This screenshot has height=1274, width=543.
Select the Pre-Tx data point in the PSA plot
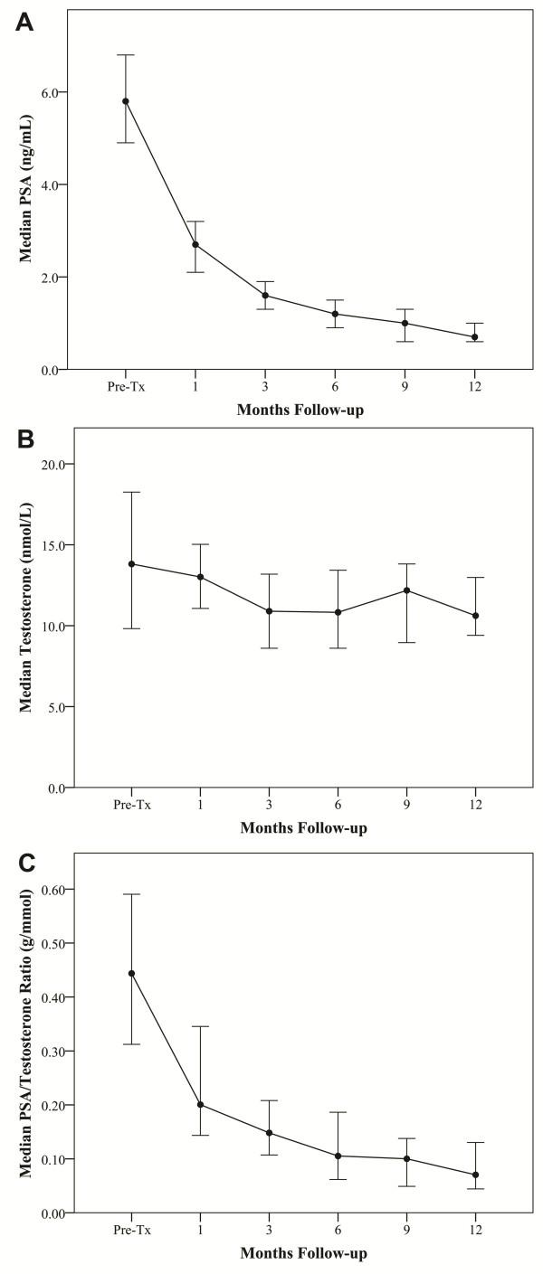tap(126, 101)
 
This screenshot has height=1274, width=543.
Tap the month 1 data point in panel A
tap(195, 244)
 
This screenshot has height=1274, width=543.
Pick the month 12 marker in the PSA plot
tap(474, 337)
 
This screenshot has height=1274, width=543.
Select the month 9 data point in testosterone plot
tap(406, 590)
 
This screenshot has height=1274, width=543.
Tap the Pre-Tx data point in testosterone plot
tap(132, 563)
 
